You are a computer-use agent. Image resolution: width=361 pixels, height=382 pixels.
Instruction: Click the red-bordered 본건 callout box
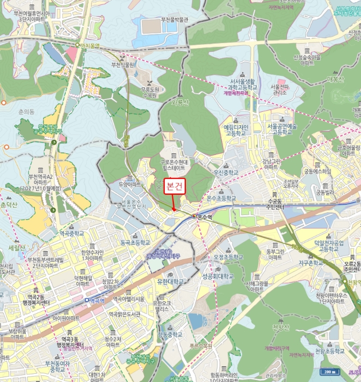coord(175,186)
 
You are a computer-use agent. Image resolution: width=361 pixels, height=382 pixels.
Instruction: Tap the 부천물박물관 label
coord(175,20)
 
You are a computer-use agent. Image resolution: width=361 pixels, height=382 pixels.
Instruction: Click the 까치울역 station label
coord(89,46)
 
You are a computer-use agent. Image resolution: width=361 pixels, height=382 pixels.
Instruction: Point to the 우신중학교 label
coord(226,171)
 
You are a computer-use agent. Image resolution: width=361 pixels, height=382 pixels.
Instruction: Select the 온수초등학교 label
coord(221,199)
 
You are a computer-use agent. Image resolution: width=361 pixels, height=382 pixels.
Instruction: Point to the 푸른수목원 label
coord(201,345)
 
